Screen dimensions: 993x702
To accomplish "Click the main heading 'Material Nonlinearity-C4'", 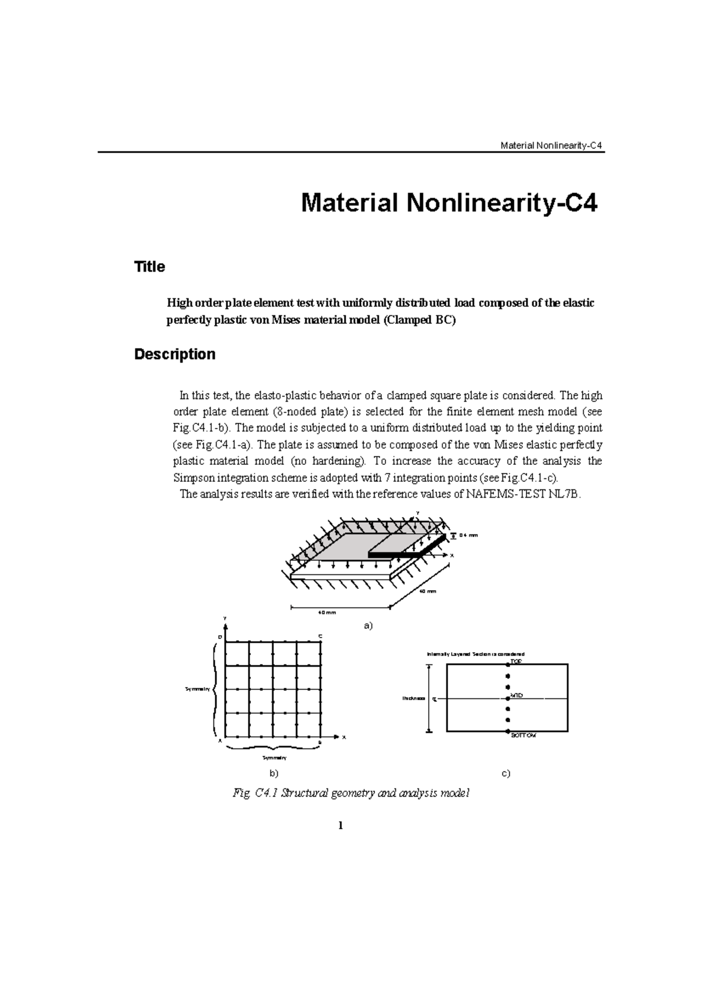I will [x=449, y=204].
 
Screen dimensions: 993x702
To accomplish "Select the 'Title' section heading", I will [x=150, y=267].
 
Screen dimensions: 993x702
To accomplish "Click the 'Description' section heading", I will [x=174, y=354].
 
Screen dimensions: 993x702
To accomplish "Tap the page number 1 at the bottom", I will [x=340, y=826].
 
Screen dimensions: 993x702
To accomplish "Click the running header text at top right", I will [x=552, y=146].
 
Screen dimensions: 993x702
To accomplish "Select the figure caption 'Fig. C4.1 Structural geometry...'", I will [x=350, y=794].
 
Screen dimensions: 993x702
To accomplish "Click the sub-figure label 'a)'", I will [x=368, y=626].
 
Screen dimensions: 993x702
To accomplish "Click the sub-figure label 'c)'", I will [x=506, y=773].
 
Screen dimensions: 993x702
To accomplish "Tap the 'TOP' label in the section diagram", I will [x=515, y=661].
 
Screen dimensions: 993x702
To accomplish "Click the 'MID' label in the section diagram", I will [x=516, y=695].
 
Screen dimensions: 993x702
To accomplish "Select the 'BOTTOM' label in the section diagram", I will [x=523, y=736].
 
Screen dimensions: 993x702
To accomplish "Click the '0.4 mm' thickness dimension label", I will [x=469, y=535].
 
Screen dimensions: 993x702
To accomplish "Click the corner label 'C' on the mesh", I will [x=320, y=636].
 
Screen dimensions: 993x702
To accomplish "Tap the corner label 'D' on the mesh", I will [x=220, y=636].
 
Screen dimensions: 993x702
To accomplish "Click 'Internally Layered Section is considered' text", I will [x=476, y=654].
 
